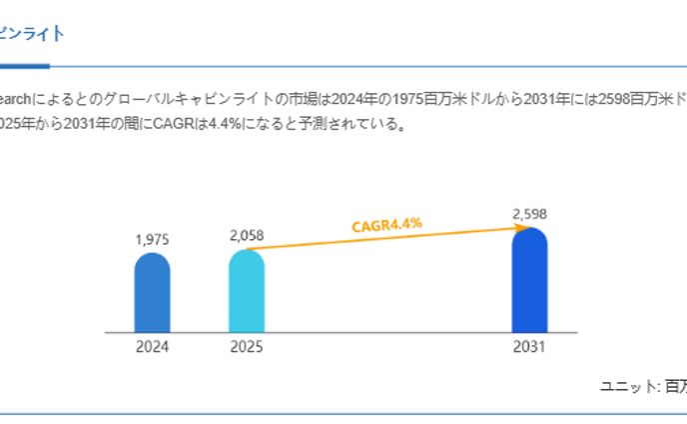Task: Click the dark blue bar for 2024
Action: coord(152,293)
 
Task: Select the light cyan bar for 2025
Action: coord(247,291)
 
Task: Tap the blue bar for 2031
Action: coord(529,281)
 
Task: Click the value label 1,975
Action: coord(152,240)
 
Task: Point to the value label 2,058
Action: coord(247,236)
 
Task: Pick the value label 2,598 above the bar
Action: coord(529,214)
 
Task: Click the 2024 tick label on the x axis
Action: coord(152,348)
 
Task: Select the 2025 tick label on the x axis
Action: coord(247,348)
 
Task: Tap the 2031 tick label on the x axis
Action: coord(529,348)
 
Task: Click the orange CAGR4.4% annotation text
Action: coord(386,225)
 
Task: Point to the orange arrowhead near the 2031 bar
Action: coord(520,229)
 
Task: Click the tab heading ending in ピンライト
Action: coord(32,34)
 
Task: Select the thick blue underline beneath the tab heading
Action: coord(24,66)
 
